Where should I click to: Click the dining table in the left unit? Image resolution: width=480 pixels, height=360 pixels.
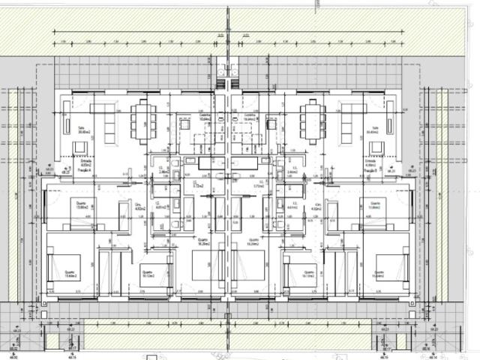tap(143, 122)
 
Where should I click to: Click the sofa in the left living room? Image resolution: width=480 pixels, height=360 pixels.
tap(108, 130)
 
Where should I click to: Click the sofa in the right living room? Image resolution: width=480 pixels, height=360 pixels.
tap(346, 130)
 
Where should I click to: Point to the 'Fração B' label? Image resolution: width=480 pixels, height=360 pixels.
tap(370, 171)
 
